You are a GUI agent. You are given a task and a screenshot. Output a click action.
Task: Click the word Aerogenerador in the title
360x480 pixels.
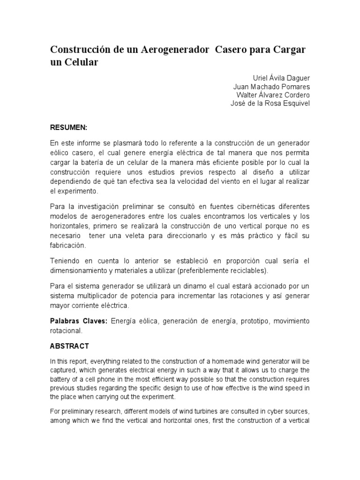point(175,50)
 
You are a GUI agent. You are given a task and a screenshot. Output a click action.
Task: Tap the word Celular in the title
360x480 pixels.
point(81,62)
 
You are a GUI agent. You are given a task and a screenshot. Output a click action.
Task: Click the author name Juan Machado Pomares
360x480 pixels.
point(271,87)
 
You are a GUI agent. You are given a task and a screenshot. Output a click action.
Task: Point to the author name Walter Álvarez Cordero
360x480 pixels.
point(273,95)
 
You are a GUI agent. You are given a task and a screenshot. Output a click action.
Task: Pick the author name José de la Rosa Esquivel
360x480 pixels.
point(270,104)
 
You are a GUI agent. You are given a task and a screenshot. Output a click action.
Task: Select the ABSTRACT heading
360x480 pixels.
point(69,346)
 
